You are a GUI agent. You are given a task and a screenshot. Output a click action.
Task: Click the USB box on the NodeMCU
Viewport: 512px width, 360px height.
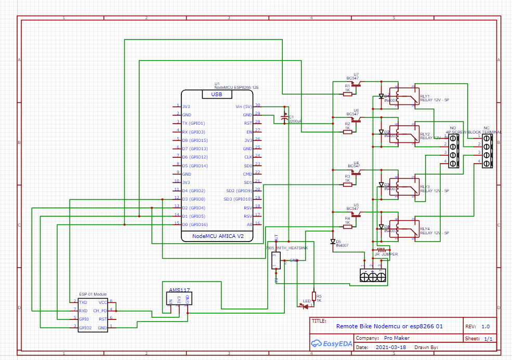click(x=216, y=95)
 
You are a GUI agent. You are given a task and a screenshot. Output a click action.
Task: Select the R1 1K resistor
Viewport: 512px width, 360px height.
click(x=347, y=94)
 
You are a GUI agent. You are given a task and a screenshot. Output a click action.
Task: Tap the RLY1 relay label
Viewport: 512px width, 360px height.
click(x=425, y=97)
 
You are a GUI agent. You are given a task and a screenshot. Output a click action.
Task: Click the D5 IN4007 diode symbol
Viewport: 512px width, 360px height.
click(x=332, y=242)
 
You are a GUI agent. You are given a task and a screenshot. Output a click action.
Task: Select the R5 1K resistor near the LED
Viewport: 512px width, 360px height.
click(x=313, y=295)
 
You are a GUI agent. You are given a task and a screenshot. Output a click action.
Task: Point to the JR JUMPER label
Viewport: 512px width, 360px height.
click(x=386, y=255)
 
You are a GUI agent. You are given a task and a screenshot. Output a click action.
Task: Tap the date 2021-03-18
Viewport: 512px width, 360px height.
click(x=390, y=347)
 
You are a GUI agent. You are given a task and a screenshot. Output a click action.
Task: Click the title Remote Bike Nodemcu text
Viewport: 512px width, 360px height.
click(x=389, y=326)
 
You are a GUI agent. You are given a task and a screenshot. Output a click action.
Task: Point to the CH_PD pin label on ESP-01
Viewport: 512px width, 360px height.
click(x=100, y=311)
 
